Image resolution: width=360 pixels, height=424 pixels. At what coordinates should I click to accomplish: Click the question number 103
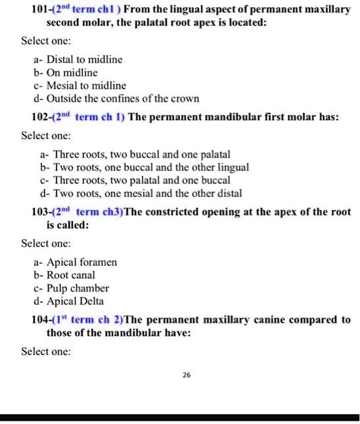(41, 212)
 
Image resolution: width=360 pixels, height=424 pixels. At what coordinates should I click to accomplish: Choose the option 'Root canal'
(67, 275)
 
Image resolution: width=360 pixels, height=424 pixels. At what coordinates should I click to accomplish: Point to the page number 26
(187, 375)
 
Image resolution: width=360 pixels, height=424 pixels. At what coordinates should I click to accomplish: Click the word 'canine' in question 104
(261, 320)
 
